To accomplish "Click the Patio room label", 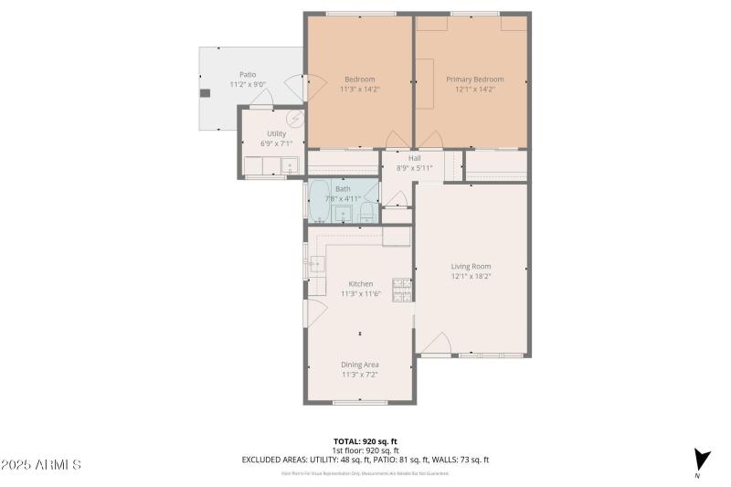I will coord(248,75).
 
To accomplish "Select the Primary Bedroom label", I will coord(474,79).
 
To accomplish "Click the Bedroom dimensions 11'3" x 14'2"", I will coord(359,90).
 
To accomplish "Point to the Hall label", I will coord(414,158).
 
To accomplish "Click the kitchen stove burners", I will coord(401,290).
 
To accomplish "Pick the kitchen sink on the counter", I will coord(314,265).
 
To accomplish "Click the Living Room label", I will coord(471,267).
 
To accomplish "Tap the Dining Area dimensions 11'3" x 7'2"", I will coord(359,374).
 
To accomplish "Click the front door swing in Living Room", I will coord(435,344).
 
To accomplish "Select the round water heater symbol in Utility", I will coord(295,119).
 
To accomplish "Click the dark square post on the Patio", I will coord(206,92).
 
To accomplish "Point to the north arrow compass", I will coord(701,461).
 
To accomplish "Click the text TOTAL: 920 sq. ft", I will coord(365,440).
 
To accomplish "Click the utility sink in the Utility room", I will coord(290,166).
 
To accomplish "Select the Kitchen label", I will coord(359,284).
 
